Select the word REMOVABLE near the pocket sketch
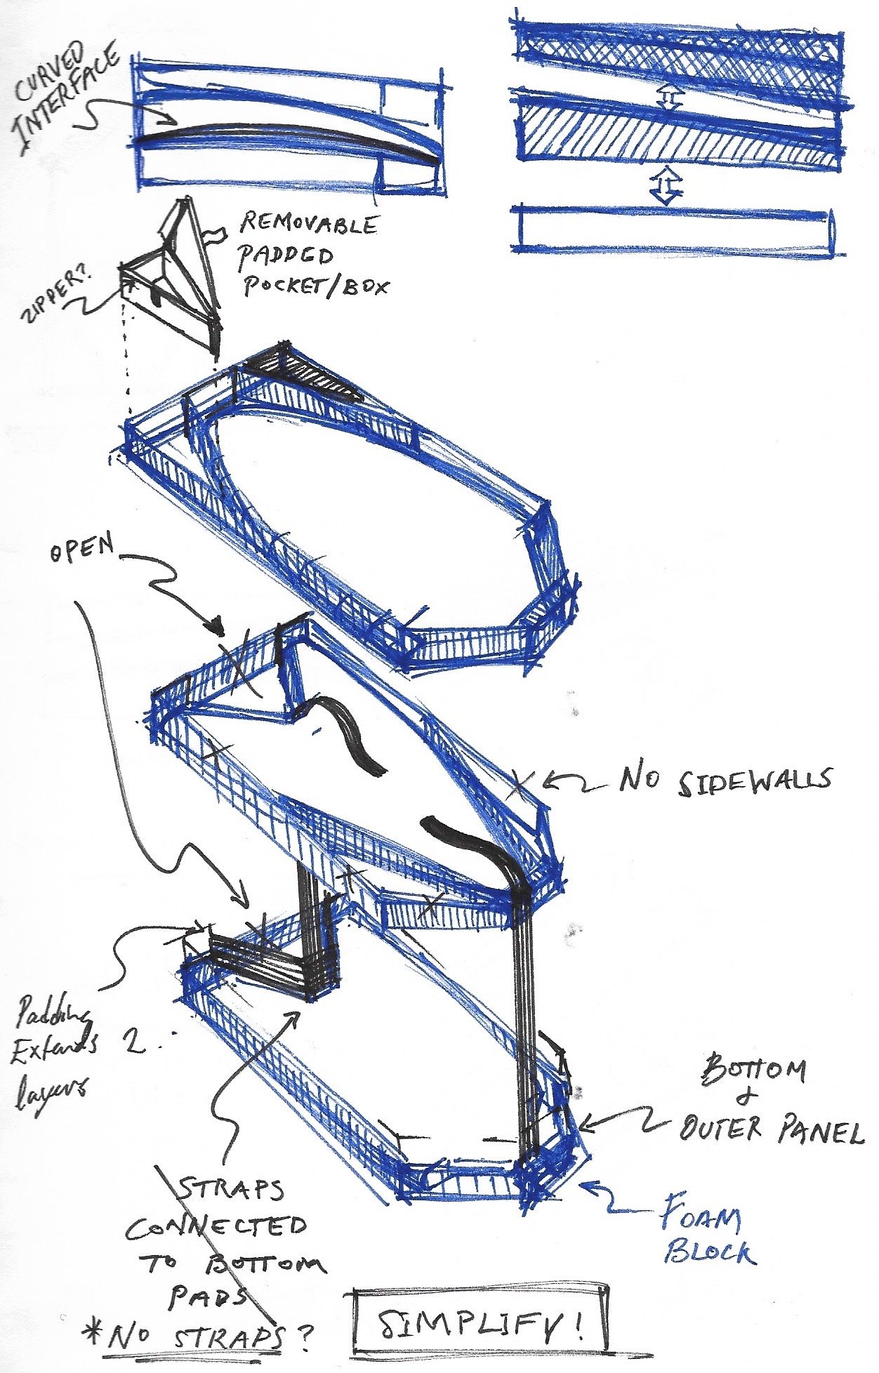(308, 226)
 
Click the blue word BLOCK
(710, 1251)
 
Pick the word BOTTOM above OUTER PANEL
(752, 1070)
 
